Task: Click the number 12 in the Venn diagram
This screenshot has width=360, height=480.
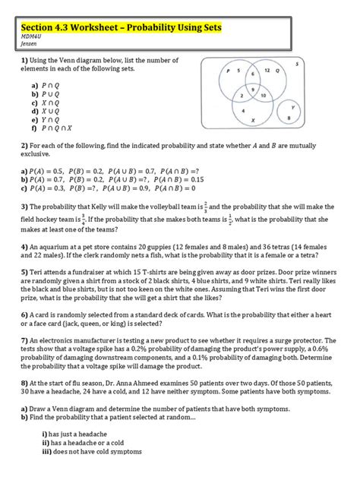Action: tap(267, 70)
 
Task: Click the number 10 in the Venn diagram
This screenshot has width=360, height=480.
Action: tap(263, 96)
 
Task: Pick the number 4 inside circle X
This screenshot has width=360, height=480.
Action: tap(243, 110)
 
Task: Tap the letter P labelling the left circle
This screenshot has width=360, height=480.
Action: tap(228, 71)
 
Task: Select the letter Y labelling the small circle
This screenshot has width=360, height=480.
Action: tap(292, 107)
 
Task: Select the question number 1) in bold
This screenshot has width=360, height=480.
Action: tap(25, 60)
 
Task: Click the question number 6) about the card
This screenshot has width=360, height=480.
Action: tap(25, 314)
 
